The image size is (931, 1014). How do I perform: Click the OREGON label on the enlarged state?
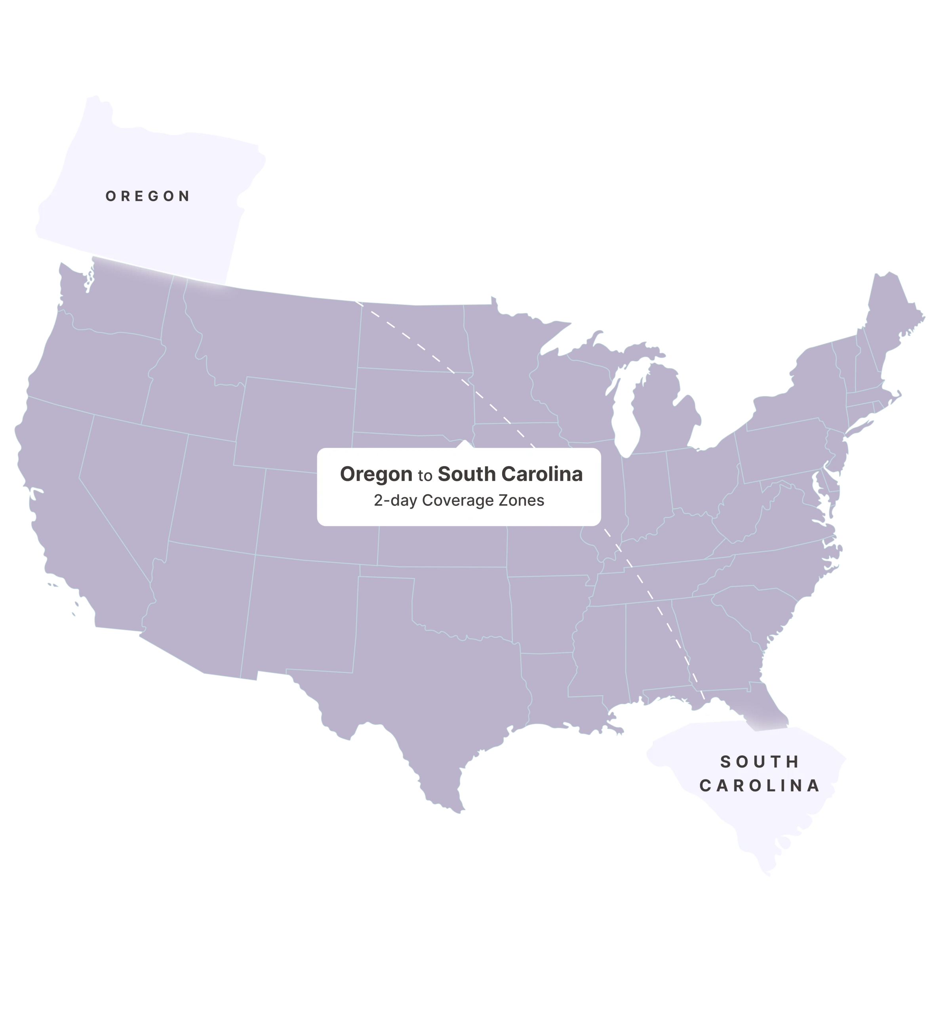[148, 196]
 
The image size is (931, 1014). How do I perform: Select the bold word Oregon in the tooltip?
[376, 474]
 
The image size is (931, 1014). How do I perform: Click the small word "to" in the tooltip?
[425, 476]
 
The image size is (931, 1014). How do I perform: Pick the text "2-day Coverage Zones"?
[459, 500]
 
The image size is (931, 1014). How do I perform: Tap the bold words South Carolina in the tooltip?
[510, 474]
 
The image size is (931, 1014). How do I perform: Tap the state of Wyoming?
[295, 423]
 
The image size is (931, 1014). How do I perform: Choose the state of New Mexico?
[302, 615]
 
